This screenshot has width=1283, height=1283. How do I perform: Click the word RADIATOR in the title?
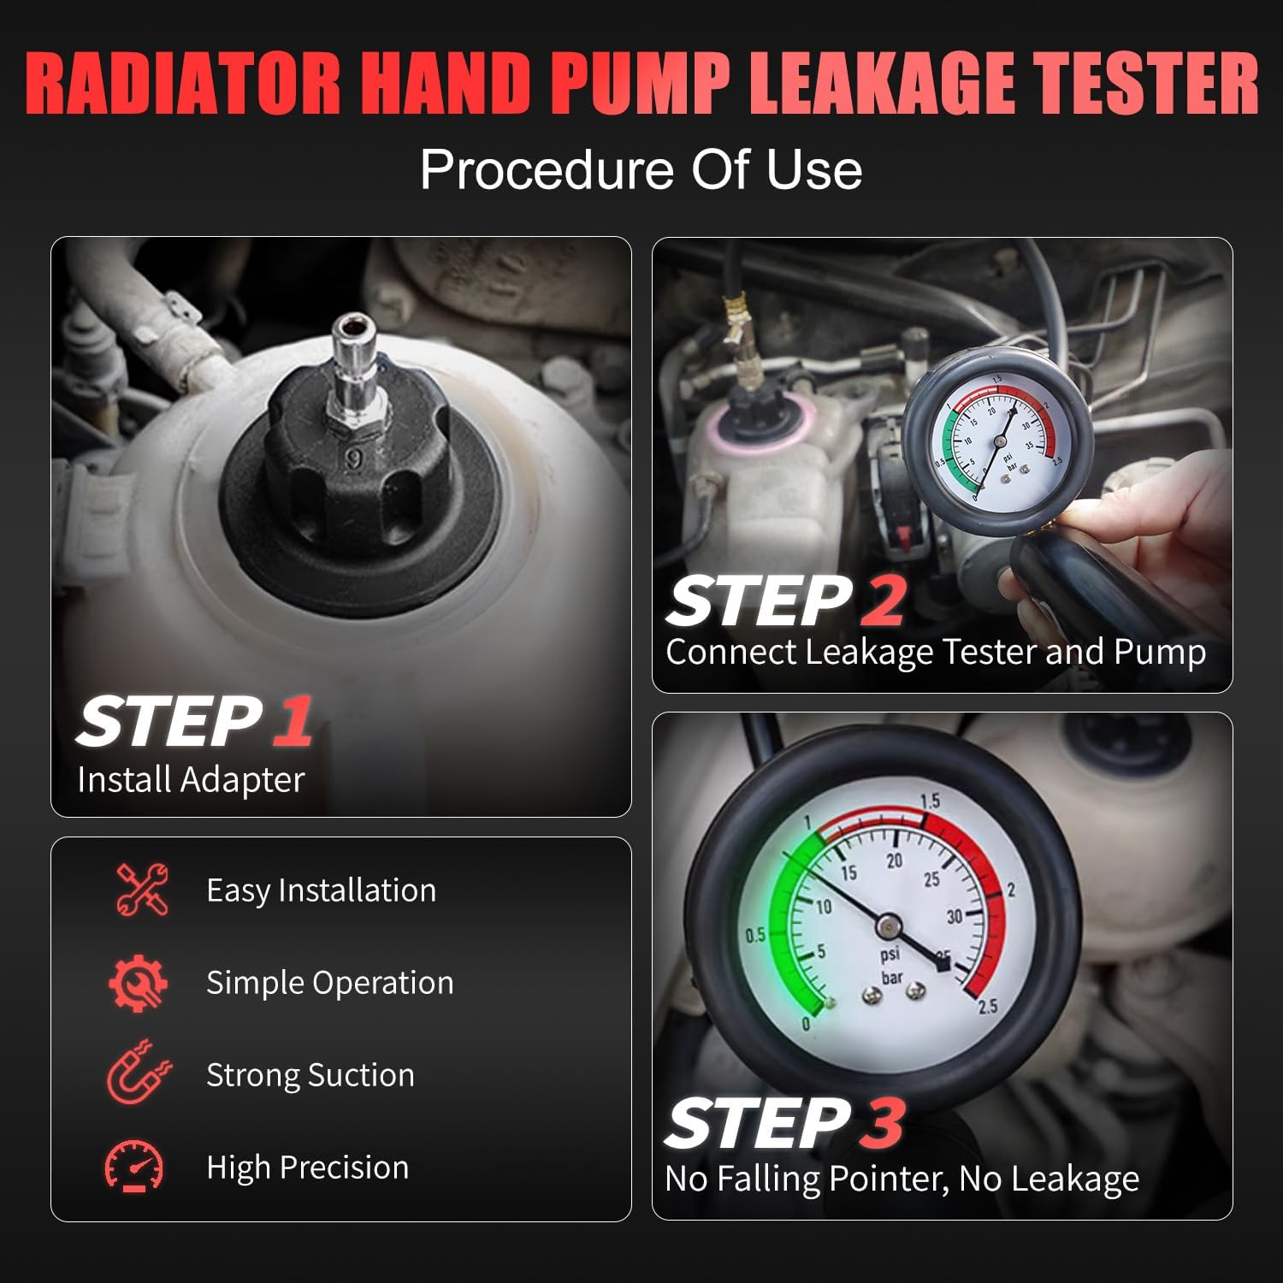coord(183,84)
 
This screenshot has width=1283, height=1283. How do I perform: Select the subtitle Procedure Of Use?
coord(641,169)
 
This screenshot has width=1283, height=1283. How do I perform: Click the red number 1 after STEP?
coord(293,721)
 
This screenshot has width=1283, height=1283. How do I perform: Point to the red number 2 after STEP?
coord(882,600)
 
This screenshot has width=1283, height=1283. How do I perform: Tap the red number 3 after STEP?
coord(882,1122)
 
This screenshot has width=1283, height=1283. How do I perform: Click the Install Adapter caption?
coord(191,780)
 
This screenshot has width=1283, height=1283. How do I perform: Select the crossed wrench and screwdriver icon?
coord(141,890)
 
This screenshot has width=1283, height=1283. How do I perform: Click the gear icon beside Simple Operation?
coord(138,983)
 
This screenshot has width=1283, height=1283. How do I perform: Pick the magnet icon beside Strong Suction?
coord(138,1074)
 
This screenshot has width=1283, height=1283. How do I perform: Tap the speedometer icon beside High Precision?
coord(134,1167)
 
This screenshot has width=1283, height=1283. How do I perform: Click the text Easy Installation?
coord(321,890)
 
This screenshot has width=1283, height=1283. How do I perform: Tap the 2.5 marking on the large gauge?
coord(987,1006)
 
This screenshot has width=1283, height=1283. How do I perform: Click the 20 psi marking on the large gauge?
coord(894,860)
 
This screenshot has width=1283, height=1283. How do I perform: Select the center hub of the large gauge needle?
coord(889,925)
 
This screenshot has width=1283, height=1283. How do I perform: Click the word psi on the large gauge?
coord(890,955)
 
